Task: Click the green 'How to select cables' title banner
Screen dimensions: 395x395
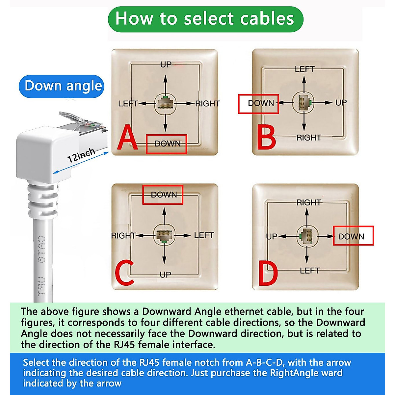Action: [205, 19]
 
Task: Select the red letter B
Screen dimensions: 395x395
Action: [266, 138]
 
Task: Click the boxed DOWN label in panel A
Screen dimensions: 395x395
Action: [167, 144]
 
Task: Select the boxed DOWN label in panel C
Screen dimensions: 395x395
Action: [163, 195]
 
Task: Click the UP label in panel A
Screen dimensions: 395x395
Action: [166, 65]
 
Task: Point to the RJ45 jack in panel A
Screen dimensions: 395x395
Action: [165, 103]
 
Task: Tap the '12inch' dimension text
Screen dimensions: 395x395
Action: [81, 155]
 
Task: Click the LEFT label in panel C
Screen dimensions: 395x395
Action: [204, 235]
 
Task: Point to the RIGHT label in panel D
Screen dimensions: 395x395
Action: [308, 203]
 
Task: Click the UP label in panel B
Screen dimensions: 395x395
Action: [341, 103]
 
